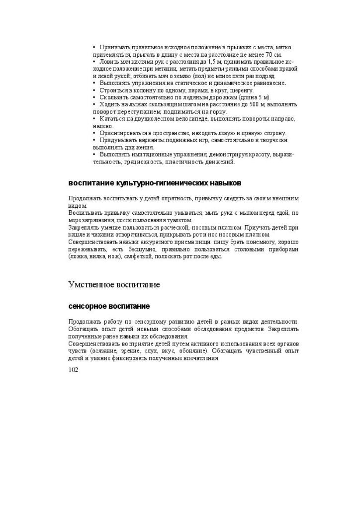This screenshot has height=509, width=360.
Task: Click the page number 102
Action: (73, 369)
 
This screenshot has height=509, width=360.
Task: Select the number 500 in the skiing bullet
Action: (253, 105)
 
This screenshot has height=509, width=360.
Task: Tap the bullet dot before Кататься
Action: (94, 119)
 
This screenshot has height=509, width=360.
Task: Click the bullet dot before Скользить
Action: (94, 97)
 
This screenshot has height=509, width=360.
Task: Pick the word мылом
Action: (256, 213)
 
